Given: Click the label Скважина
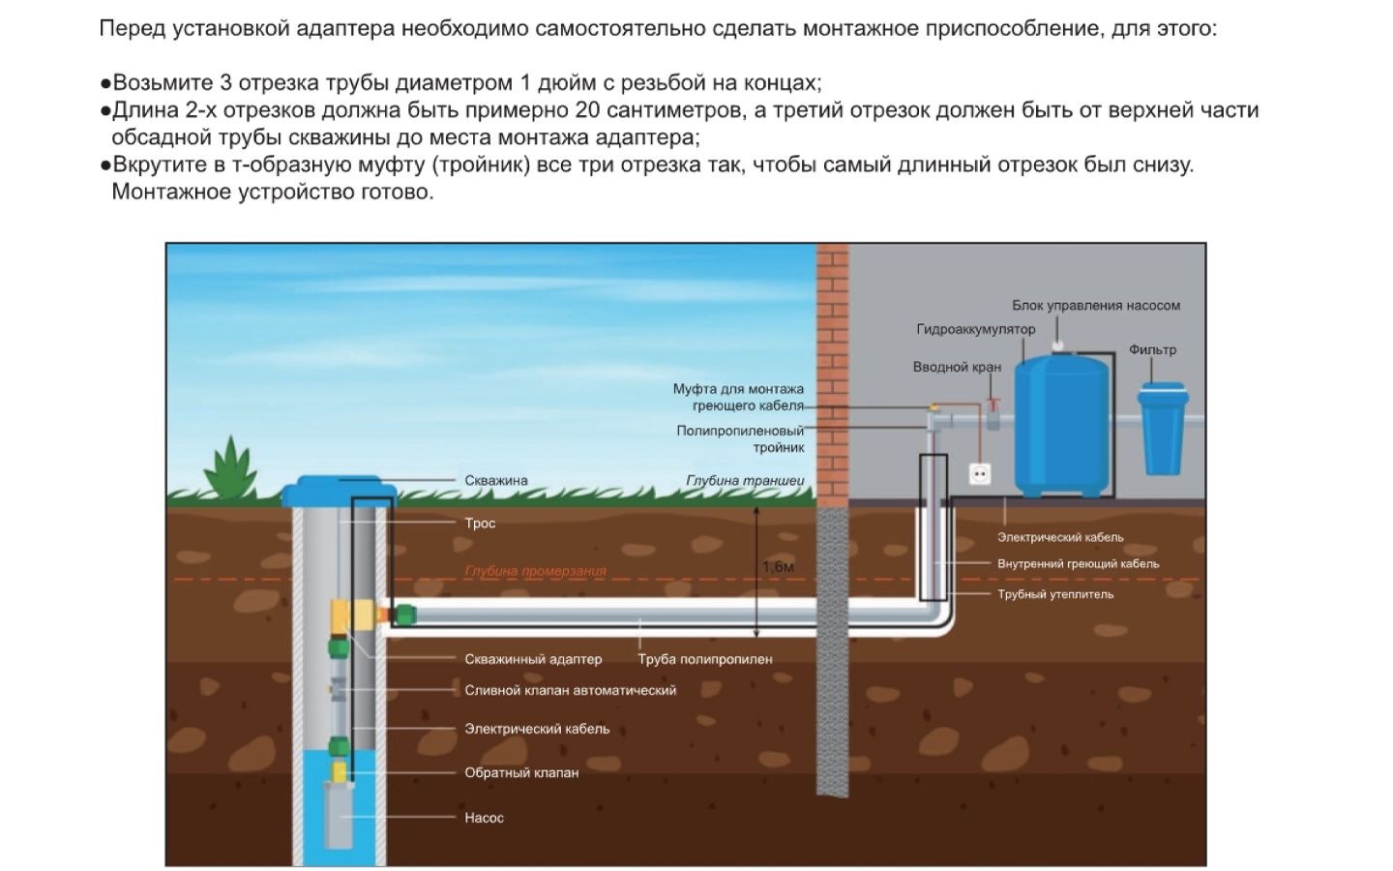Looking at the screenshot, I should point(495,480).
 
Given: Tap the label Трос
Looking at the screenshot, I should point(480,524).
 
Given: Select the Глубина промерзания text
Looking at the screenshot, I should point(535,571).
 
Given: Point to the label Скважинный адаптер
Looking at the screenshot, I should point(533,659).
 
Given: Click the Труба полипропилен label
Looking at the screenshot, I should point(704,659).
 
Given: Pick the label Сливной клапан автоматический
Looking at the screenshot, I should point(570,690).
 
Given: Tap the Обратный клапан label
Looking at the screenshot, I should point(521,772).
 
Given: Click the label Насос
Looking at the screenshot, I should point(484,818).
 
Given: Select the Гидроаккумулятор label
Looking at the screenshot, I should point(975,329).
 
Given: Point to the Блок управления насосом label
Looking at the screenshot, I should point(1095,305).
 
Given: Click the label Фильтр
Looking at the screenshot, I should point(1152,349).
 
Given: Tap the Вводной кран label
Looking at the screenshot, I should point(956,367).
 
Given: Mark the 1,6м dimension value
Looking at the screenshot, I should point(778,567).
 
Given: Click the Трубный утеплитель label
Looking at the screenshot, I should point(1054,594).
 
